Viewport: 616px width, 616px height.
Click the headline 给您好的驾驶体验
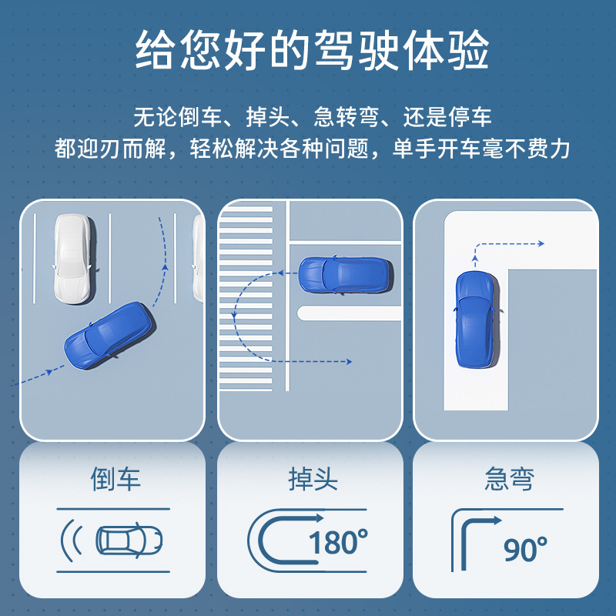pos(312,50)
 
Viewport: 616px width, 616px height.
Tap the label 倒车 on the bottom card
pos(115,479)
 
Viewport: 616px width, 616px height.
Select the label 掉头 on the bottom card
pos(313,479)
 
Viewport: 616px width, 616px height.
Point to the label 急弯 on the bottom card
pos(510,479)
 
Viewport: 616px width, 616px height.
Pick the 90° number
pos(526,549)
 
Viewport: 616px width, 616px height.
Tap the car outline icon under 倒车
pos(129,541)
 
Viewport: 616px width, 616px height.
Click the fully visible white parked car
pos(74,259)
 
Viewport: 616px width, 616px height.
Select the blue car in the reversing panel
pos(109,335)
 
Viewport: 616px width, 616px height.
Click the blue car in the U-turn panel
pos(344,275)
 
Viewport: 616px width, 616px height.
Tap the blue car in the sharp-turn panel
pos(477,320)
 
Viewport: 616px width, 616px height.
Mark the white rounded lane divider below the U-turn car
pos(349,313)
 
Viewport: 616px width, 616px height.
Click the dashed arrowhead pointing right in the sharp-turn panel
pos(541,244)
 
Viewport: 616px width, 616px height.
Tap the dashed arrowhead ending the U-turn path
pos(349,362)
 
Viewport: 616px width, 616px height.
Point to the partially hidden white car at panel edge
pos(198,259)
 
